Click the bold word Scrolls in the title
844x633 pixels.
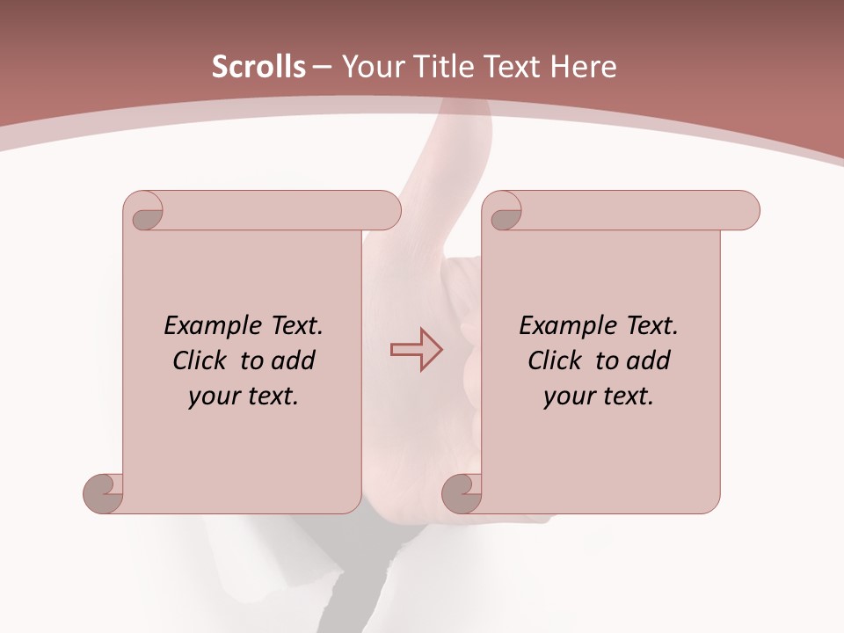pyautogui.click(x=259, y=67)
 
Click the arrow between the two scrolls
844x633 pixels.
pyautogui.click(x=416, y=350)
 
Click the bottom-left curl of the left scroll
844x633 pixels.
pyautogui.click(x=104, y=492)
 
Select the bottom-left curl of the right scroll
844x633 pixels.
pyautogui.click(x=462, y=493)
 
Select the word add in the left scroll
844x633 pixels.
pyautogui.click(x=292, y=361)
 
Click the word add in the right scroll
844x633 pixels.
pyautogui.click(x=647, y=361)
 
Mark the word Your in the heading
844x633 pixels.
pyautogui.click(x=370, y=67)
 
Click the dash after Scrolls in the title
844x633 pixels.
pyautogui.click(x=322, y=67)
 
